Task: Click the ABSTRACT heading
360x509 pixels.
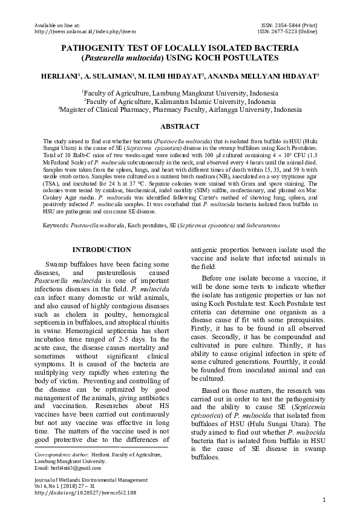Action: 180,126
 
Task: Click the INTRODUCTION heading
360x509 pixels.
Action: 101,250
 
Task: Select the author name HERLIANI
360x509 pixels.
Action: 57,77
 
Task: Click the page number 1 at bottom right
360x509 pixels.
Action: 325,499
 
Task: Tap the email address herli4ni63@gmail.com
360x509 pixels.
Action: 68,468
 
